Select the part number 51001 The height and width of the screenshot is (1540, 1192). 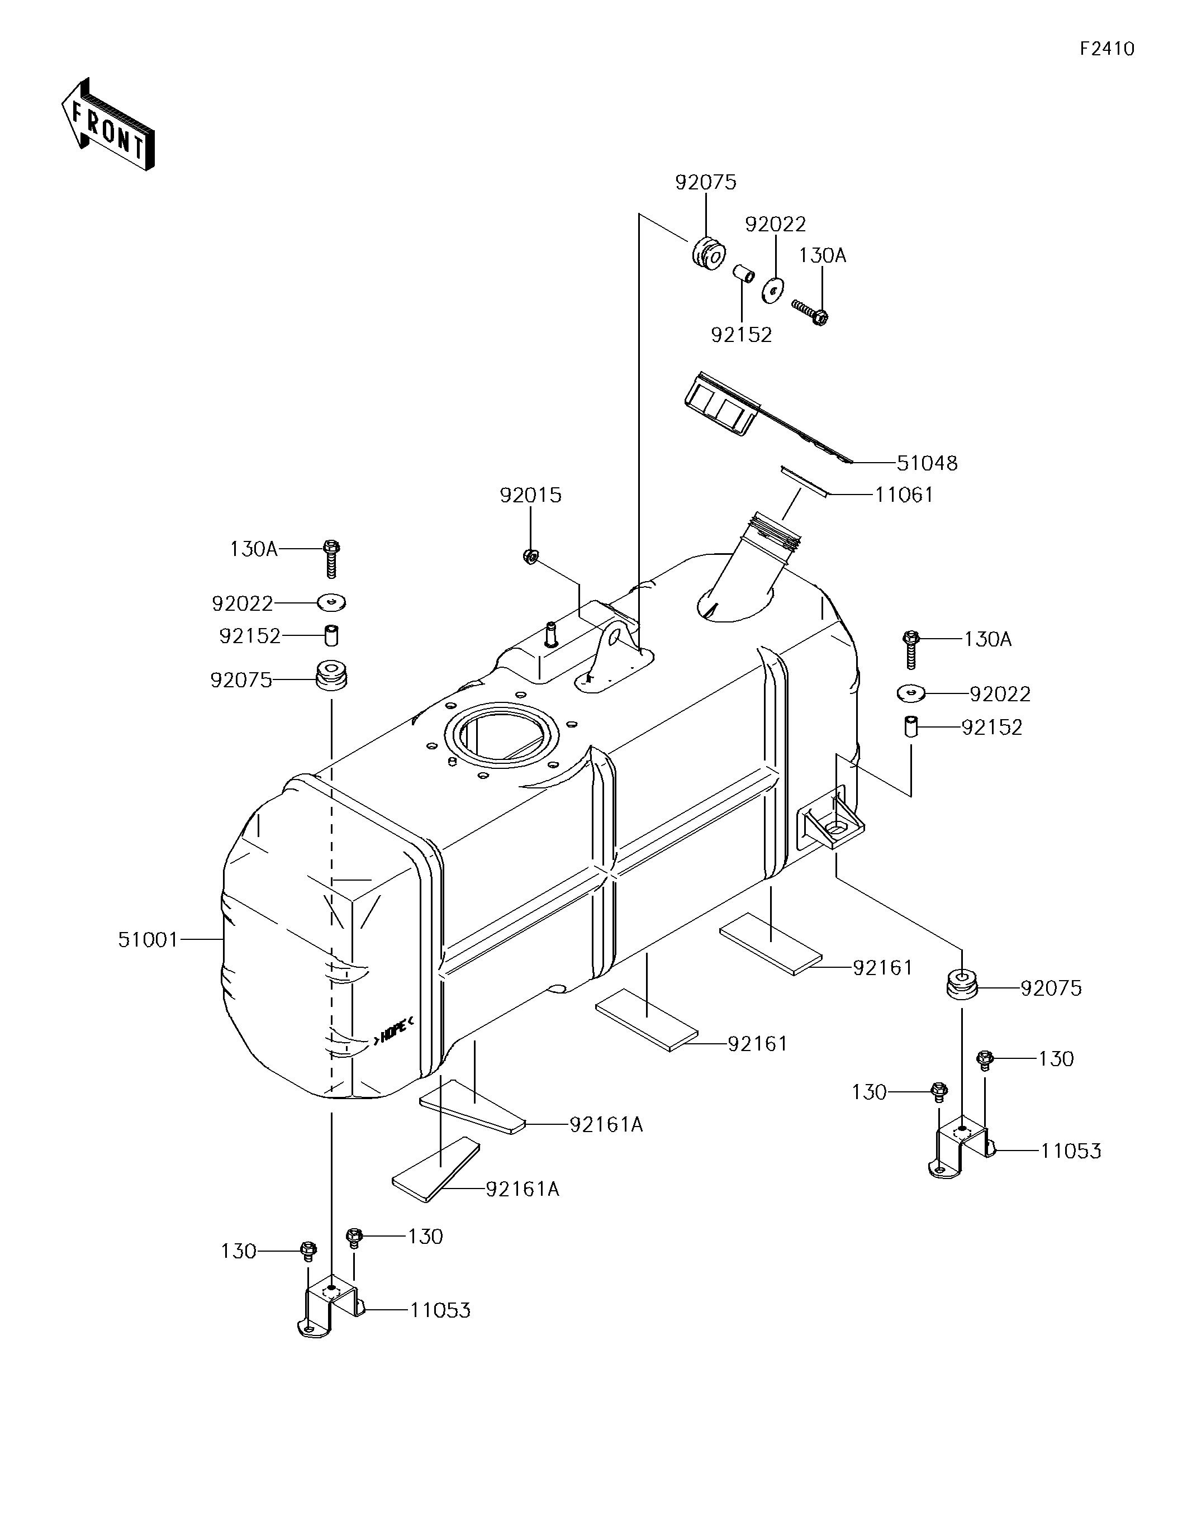click(148, 940)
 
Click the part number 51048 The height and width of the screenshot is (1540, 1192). click(927, 463)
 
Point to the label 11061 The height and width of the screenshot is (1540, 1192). click(904, 495)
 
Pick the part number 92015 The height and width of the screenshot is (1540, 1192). click(530, 496)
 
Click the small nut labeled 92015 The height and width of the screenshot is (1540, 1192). click(531, 557)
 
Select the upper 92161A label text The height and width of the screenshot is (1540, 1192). click(606, 1125)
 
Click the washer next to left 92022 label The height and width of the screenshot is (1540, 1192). click(331, 603)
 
